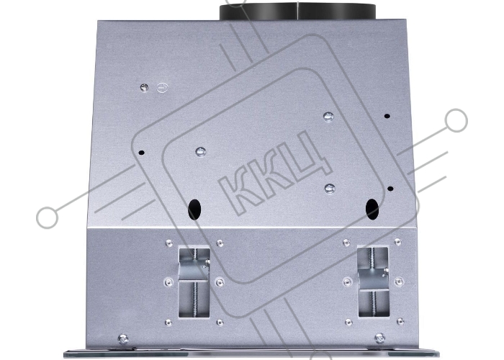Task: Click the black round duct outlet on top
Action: tap(297, 12)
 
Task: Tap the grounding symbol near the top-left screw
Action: tap(162, 87)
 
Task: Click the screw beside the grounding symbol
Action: tap(144, 87)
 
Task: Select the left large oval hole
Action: tap(194, 210)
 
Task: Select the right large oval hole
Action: tap(372, 210)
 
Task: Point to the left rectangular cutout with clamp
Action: tap(194, 282)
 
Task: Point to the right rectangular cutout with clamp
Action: tap(373, 282)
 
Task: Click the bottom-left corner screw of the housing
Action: tap(123, 338)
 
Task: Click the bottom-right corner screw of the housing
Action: tap(379, 338)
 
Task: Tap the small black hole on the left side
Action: tap(141, 153)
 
